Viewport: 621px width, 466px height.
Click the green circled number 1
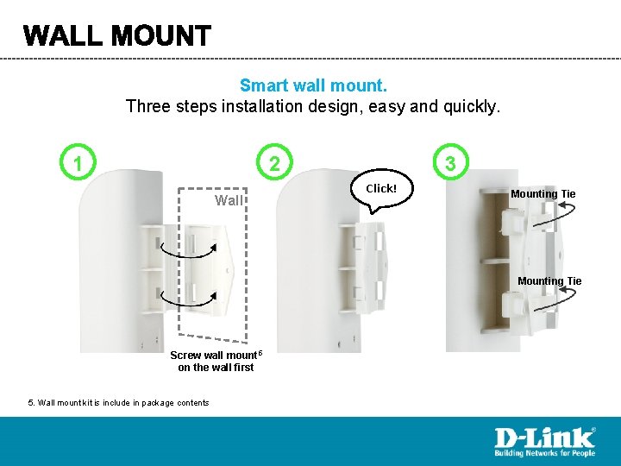pos(78,162)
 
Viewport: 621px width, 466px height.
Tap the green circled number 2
pos(274,162)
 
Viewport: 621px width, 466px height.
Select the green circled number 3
pos(450,162)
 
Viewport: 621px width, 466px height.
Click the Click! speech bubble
pos(382,189)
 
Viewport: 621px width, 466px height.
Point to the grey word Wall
pos(229,200)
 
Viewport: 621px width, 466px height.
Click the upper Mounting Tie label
pos(543,194)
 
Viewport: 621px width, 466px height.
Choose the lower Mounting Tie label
pos(549,281)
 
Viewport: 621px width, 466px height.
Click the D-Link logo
pos(545,442)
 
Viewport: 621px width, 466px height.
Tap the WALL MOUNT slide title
pos(117,35)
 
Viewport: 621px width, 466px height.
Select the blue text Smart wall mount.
pos(313,85)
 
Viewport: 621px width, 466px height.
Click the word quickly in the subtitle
pos(472,107)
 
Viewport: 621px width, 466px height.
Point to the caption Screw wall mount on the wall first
pos(216,361)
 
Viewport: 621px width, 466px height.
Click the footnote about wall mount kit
pos(118,403)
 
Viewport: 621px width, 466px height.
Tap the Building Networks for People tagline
pos(545,452)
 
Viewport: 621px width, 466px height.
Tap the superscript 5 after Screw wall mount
pos(260,352)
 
